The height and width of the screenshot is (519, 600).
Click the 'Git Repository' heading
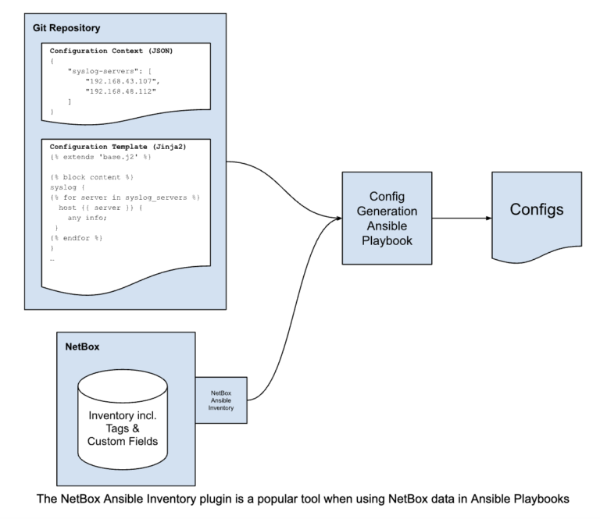66,28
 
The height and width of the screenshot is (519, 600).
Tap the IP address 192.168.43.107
118,80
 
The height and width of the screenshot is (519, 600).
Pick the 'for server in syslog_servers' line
125,197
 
